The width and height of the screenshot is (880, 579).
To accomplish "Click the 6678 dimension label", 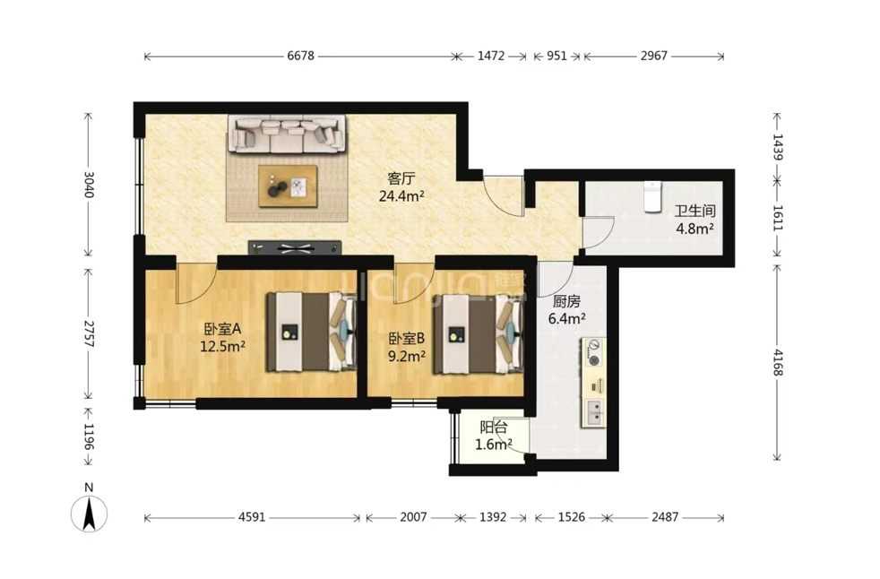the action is [x=301, y=56].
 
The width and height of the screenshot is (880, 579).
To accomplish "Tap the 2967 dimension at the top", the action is [x=654, y=56].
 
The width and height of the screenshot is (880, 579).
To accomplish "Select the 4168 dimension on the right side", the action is [x=777, y=362].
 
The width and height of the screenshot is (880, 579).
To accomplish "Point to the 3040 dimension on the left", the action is [x=89, y=184].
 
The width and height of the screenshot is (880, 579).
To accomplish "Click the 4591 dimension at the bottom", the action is [x=252, y=517].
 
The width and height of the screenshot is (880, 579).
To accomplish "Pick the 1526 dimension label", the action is [x=572, y=517].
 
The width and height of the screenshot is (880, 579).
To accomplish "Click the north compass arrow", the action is [x=89, y=514].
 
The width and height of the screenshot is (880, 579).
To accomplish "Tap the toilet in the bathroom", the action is [x=651, y=196].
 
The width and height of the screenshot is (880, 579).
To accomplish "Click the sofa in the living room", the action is [x=286, y=134].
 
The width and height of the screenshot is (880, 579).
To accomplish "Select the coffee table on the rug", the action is [x=288, y=186].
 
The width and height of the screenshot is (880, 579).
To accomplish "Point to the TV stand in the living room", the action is [x=295, y=247].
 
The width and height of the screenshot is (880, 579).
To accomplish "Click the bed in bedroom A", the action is [x=312, y=332].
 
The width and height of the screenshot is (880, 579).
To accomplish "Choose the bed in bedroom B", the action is [x=478, y=333].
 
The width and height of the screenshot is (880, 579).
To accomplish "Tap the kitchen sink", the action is [x=593, y=413].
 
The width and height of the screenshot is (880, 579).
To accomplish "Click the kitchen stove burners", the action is [x=593, y=352].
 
